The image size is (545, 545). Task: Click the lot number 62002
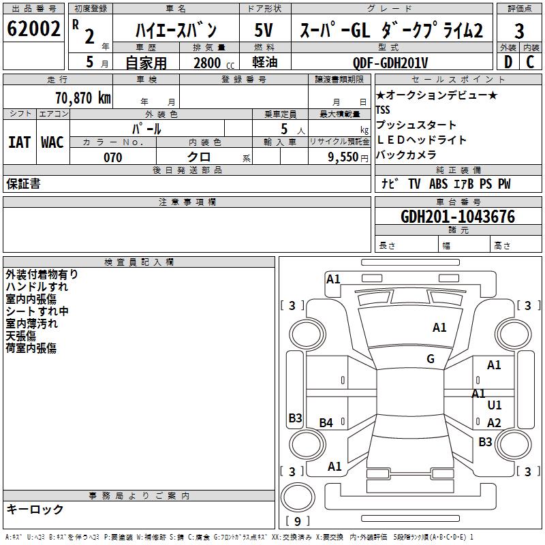pyautogui.click(x=33, y=29)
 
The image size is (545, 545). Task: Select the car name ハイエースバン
pyautogui.click(x=175, y=30)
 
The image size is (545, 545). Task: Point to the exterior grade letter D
pyautogui.click(x=508, y=61)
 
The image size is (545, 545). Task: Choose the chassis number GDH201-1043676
pyautogui.click(x=458, y=217)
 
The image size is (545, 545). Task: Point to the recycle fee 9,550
pyautogui.click(x=343, y=157)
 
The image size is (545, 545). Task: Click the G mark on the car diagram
pyautogui.click(x=431, y=359)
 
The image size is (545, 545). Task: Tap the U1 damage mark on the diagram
pyautogui.click(x=495, y=405)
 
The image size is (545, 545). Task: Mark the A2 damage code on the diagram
pyautogui.click(x=495, y=423)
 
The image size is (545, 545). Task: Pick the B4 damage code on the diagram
pyautogui.click(x=326, y=423)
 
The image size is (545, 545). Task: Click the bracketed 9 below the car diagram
pyautogui.click(x=298, y=521)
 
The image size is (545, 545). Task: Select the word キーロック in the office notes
pyautogui.click(x=35, y=509)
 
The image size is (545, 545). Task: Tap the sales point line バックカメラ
pyautogui.click(x=406, y=155)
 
